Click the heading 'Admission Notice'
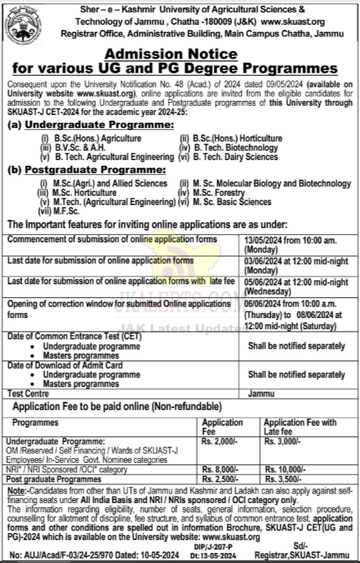[x=179, y=54]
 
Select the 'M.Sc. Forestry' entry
[x=217, y=193]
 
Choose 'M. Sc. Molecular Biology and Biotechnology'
[x=264, y=184]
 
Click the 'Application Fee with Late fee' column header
[x=300, y=427]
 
